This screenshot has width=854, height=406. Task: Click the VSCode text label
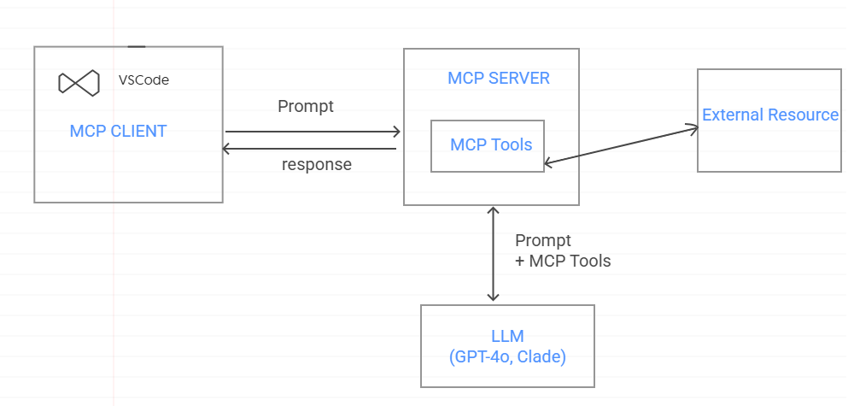[143, 80]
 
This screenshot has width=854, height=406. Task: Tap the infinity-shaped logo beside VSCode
[79, 82]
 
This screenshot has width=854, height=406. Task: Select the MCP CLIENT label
[118, 131]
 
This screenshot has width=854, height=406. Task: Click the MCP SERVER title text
[499, 79]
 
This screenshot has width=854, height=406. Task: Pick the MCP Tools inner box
[488, 145]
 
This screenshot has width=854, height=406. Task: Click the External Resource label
[770, 115]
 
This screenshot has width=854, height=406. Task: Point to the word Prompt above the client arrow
[306, 107]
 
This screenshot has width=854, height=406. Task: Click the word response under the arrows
[316, 165]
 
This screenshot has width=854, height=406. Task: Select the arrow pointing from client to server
[312, 132]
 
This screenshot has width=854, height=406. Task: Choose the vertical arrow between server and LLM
[493, 253]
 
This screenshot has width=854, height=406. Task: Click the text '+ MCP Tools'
[563, 262]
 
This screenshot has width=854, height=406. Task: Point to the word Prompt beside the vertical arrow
[543, 241]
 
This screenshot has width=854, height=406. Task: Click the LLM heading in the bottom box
[507, 336]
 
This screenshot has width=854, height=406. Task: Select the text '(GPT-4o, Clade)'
[507, 356]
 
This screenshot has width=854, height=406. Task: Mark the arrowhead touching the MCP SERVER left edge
[395, 132]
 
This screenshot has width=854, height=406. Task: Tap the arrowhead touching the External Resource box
[693, 128]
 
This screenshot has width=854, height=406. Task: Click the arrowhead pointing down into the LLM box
[493, 296]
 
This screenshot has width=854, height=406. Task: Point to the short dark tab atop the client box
[136, 46]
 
